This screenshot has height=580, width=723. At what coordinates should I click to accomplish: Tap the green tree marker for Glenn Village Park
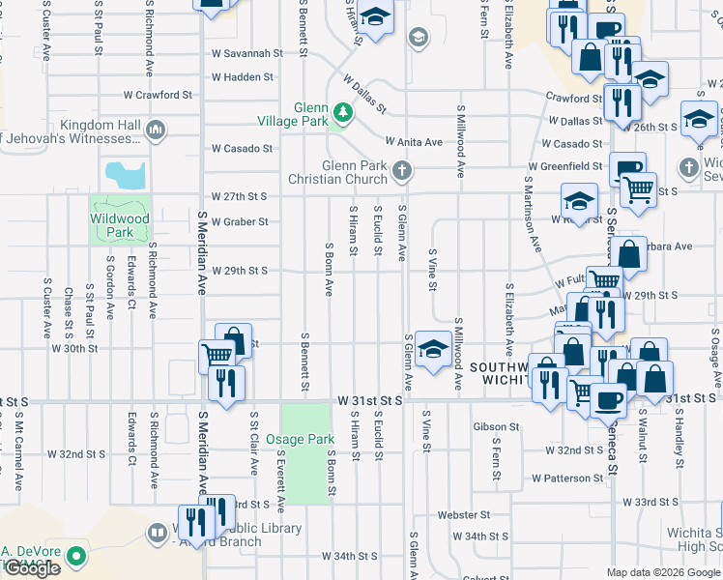pyautogui.click(x=340, y=113)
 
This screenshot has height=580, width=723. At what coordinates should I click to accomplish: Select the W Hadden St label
pyautogui.click(x=243, y=76)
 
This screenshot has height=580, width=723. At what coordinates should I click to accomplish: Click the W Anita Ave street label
pyautogui.click(x=414, y=142)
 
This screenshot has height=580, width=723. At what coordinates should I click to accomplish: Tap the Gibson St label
pyautogui.click(x=497, y=426)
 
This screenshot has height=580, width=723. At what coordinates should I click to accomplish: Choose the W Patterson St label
pyautogui.click(x=566, y=478)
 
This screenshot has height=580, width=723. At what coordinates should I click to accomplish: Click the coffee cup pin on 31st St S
pyautogui.click(x=607, y=398)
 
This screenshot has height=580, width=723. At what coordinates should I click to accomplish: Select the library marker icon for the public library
pyautogui.click(x=157, y=533)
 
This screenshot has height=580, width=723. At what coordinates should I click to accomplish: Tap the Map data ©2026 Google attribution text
pyautogui.click(x=663, y=572)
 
